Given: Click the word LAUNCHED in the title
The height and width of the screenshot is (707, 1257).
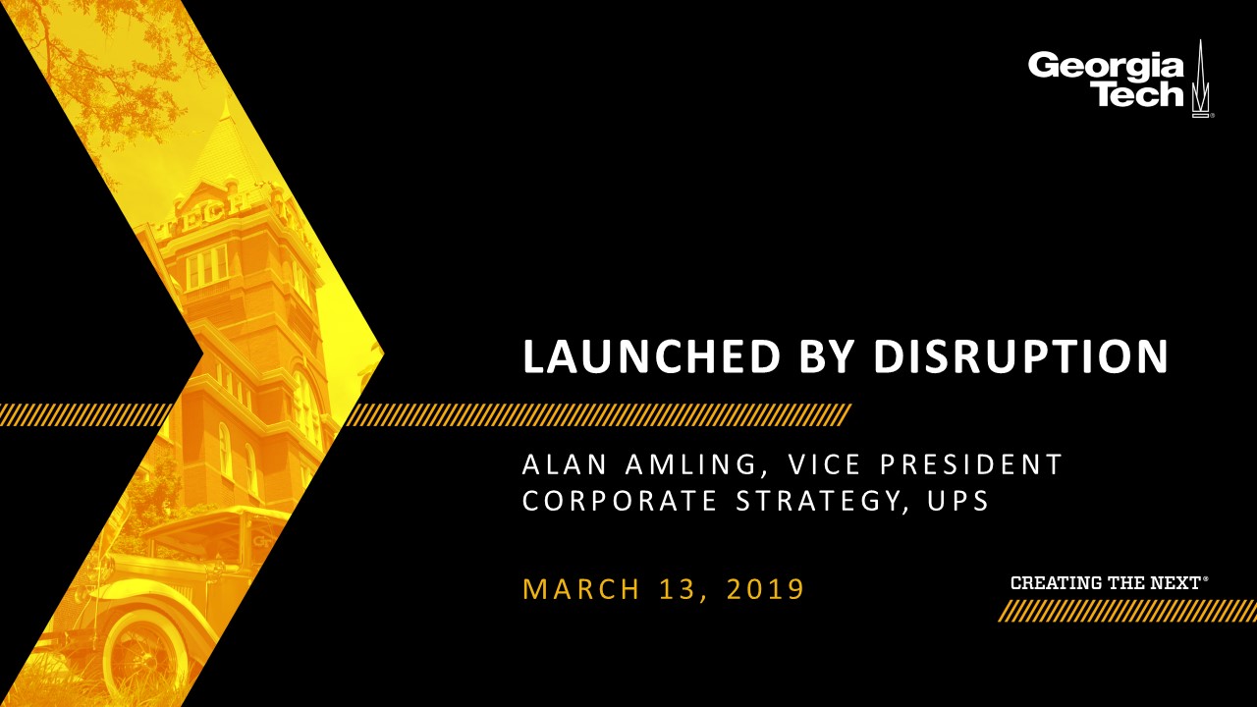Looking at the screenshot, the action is (x=652, y=356).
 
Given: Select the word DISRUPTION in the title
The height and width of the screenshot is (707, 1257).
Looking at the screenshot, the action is (x=1020, y=356).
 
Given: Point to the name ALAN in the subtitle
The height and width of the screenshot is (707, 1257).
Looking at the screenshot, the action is (x=565, y=464).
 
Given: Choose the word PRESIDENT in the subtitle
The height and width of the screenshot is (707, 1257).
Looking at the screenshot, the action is (x=970, y=464).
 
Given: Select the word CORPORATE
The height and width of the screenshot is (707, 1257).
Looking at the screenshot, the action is (x=620, y=501).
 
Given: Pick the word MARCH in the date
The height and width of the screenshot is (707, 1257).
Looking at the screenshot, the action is (x=581, y=589).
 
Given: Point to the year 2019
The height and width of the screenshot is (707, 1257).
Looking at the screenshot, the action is (x=766, y=589).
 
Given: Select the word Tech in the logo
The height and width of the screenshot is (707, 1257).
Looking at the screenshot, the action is (x=1140, y=93).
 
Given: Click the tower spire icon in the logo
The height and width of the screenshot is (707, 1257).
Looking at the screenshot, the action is (x=1200, y=80).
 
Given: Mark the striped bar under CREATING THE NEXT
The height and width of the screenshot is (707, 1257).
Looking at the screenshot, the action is (x=1127, y=611).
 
